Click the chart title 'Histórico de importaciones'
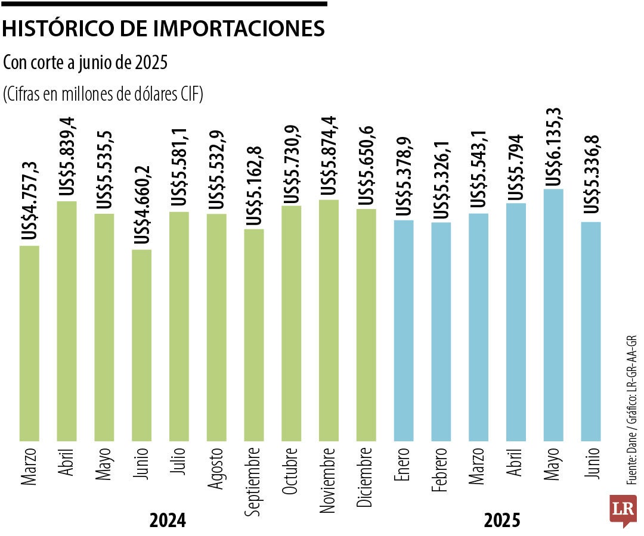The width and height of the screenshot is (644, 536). click(x=164, y=29)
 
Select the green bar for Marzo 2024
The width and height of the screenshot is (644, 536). click(x=29, y=343)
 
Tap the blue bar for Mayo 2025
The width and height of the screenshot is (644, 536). click(x=554, y=315)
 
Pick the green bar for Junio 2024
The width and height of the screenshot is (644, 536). click(x=142, y=345)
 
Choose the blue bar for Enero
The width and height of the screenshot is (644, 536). click(x=404, y=331)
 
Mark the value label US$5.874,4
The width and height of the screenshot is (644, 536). click(x=329, y=158)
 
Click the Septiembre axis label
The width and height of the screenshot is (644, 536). click(x=253, y=481)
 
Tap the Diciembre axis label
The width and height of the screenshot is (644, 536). click(x=366, y=476)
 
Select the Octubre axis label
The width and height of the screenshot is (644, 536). click(x=292, y=471)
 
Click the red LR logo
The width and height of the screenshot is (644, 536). click(x=623, y=510)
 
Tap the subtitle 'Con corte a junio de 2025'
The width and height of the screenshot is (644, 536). click(x=85, y=62)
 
